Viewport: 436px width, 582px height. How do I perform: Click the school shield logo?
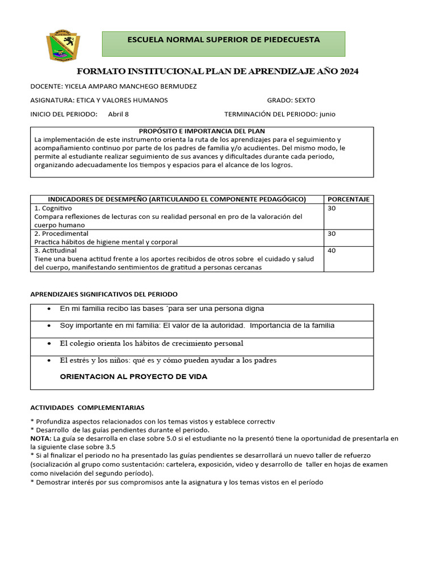point(63,45)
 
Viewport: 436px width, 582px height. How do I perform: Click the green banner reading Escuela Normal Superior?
point(223,44)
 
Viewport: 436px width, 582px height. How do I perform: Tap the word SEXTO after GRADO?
point(304,100)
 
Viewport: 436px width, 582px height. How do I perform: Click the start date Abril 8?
point(118,114)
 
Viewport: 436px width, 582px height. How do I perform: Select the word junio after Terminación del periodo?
point(327,114)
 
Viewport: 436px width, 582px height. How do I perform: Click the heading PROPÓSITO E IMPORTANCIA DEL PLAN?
point(202,131)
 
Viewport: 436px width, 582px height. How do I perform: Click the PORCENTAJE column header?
point(349,199)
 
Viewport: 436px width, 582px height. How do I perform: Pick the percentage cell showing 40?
point(332,251)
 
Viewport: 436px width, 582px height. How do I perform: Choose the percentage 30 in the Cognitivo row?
point(332,209)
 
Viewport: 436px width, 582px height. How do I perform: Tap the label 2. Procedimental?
point(61,234)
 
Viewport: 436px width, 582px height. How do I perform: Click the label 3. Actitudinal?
point(56,251)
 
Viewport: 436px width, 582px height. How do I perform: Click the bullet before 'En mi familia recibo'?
point(49,309)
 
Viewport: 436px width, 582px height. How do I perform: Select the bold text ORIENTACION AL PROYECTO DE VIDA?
point(133,377)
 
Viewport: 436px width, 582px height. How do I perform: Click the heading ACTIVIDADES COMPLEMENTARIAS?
point(87,408)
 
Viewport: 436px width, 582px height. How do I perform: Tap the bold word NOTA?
point(41,438)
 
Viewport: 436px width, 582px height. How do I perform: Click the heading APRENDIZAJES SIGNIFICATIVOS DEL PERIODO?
point(103,294)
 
